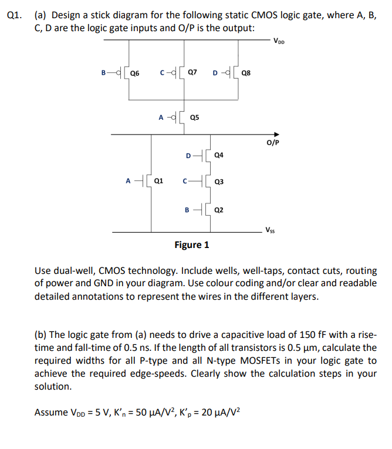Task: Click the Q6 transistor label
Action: click(135, 73)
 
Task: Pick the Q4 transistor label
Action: click(219, 156)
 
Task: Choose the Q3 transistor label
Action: click(219, 182)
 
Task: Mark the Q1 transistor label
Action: click(158, 181)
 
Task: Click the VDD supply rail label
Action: click(281, 42)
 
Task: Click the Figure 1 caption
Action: click(191, 244)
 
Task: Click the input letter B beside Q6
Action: click(103, 73)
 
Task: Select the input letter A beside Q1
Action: click(129, 181)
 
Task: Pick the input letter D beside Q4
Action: click(188, 156)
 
